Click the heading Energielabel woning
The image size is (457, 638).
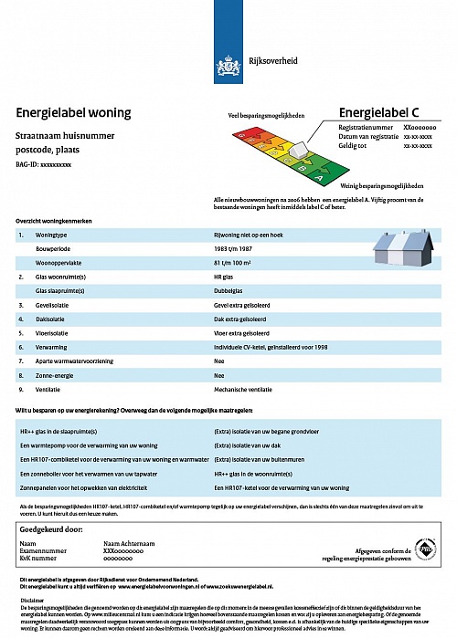click(73, 113)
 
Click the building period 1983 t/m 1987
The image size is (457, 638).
click(232, 248)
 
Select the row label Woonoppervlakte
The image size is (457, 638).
click(58, 262)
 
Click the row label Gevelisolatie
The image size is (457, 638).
click(56, 304)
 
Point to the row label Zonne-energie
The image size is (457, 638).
click(56, 375)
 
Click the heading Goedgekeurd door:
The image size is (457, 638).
click(58, 528)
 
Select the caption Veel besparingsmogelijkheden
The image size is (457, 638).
click(266, 117)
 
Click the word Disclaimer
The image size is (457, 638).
click(33, 599)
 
